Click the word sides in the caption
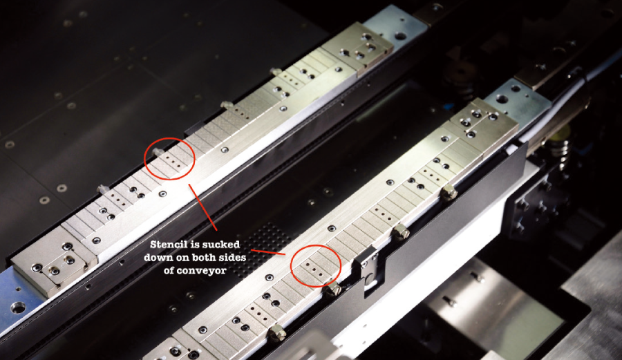click(232, 257)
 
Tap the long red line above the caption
click(202, 207)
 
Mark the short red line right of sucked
click(268, 252)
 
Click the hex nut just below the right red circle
click(333, 288)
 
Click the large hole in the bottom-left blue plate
click(18, 307)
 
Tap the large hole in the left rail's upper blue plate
click(400, 36)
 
